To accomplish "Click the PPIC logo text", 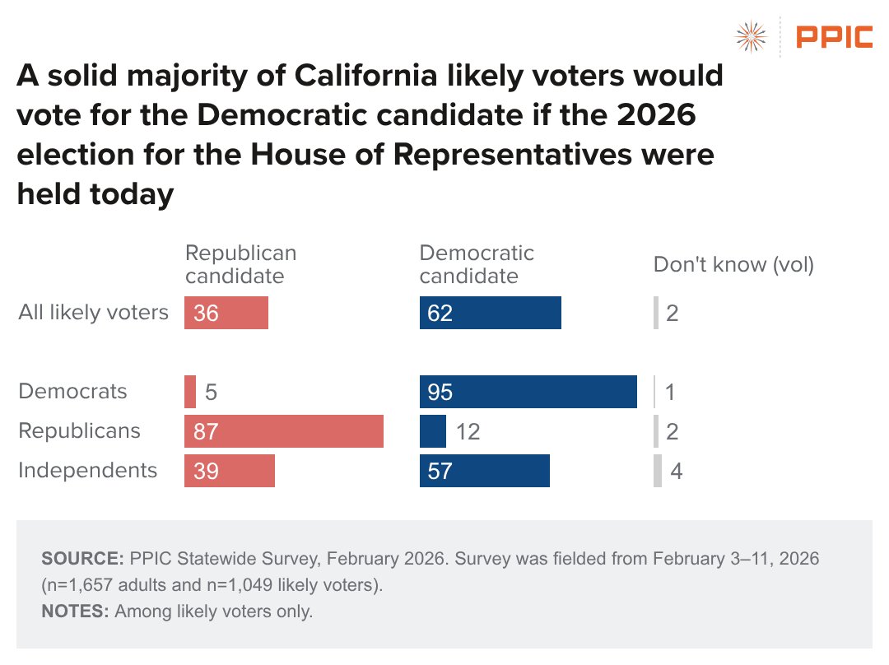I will [x=834, y=37].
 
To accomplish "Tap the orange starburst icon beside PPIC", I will [x=750, y=37].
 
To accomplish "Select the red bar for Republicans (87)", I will [x=284, y=431].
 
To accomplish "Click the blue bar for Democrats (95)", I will [x=528, y=392].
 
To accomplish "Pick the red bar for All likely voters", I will [x=226, y=314].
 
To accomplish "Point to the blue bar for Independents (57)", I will [x=484, y=471].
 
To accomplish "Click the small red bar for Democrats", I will [x=190, y=392].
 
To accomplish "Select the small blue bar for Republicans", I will [x=433, y=431].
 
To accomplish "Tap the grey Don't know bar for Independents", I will [x=658, y=471].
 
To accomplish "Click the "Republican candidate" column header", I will [x=240, y=264].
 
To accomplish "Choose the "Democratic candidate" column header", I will [x=477, y=264].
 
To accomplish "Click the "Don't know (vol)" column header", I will [x=733, y=265].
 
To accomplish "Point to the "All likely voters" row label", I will [x=93, y=313].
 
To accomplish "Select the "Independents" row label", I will [x=87, y=470].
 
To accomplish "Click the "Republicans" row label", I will [x=79, y=430].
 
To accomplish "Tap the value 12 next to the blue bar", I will [x=468, y=431].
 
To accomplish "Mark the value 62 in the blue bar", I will [x=440, y=314].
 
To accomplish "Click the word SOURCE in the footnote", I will [x=81, y=559].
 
